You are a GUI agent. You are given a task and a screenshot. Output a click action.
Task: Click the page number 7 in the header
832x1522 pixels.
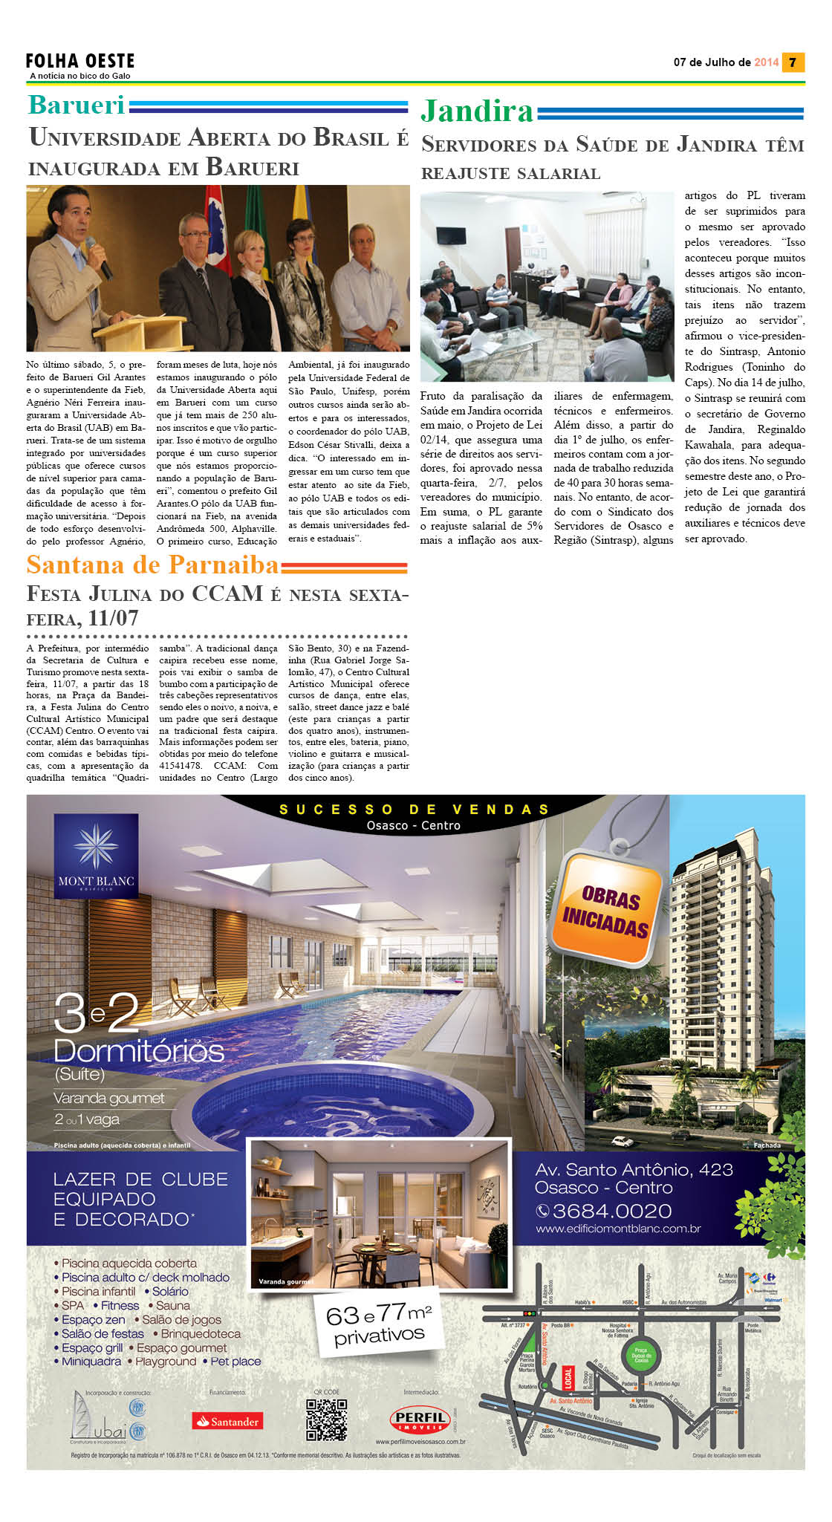793,62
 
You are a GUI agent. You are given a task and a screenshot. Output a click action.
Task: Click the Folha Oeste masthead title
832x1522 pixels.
80,61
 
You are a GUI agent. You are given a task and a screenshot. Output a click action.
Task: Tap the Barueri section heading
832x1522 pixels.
77,105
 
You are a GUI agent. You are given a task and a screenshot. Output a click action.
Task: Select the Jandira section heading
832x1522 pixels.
477,111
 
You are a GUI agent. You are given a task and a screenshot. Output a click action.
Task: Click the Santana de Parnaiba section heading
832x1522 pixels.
152,565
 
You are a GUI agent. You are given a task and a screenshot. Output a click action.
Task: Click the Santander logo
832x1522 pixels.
227,1421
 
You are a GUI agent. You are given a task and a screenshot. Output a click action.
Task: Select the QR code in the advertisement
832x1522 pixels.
327,1419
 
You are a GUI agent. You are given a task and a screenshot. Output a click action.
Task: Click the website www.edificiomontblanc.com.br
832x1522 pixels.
618,1229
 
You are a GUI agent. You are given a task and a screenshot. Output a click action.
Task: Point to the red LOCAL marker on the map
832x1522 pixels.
568,1376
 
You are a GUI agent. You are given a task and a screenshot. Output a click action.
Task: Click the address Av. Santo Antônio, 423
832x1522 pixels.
634,1170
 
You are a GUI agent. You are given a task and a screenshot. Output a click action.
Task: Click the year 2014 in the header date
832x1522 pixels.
766,62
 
